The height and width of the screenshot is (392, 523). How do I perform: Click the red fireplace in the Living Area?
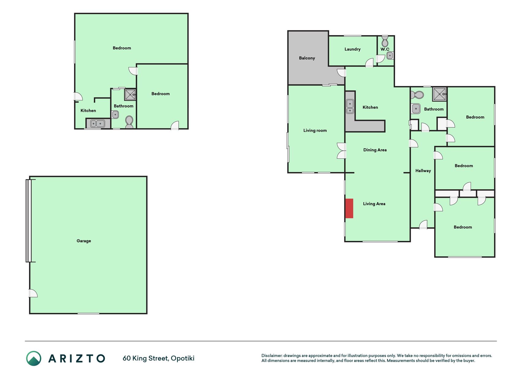pyautogui.click(x=349, y=209)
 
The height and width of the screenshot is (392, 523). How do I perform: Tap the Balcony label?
pyautogui.click(x=307, y=58)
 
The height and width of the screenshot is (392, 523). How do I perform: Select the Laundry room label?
pyautogui.click(x=352, y=49)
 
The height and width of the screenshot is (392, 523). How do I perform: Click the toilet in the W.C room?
pyautogui.click(x=385, y=41)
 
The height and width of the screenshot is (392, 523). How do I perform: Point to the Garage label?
pyautogui.click(x=84, y=241)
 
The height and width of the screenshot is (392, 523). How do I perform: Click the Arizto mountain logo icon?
pyautogui.click(x=34, y=358)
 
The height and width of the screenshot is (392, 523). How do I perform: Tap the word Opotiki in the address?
pyautogui.click(x=183, y=359)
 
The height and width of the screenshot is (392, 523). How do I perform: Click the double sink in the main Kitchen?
pyautogui.click(x=350, y=106)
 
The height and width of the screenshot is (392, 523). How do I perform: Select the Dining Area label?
pyautogui.click(x=375, y=150)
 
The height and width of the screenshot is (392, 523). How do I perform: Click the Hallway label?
pyautogui.click(x=423, y=171)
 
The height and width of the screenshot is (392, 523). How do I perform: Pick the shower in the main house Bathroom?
pyautogui.click(x=439, y=94)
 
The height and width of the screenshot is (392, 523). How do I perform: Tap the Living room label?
pyautogui.click(x=315, y=130)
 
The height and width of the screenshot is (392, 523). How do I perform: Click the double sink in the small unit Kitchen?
pyautogui.click(x=98, y=123)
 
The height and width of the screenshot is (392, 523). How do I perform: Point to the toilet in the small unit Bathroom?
pyautogui.click(x=129, y=122)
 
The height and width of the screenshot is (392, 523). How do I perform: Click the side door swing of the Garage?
pyautogui.click(x=33, y=293)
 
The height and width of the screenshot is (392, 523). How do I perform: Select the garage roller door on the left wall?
pyautogui.click(x=28, y=221)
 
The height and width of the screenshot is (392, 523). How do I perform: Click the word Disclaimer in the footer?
pyautogui.click(x=272, y=356)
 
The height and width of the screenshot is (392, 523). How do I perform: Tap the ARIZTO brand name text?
pyautogui.click(x=77, y=359)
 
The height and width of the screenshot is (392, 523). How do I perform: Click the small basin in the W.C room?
pyautogui.click(x=390, y=56)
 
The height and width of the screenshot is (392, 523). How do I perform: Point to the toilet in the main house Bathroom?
pyautogui.click(x=417, y=95)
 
